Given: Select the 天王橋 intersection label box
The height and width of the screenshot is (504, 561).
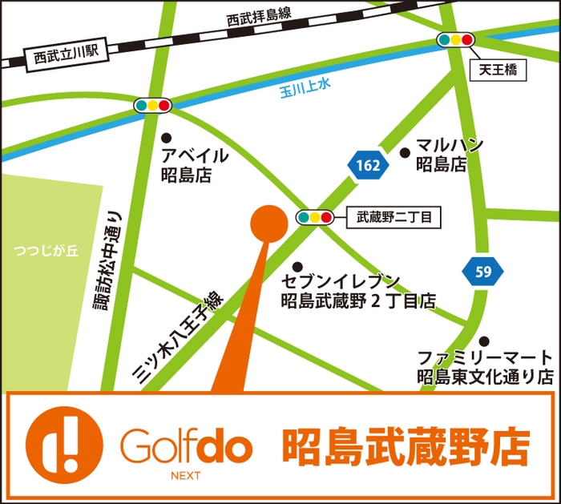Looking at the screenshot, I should coord(498,71).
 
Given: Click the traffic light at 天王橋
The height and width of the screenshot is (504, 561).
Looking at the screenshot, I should coord(455,39).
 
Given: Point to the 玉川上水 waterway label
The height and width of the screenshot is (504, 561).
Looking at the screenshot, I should coord(305,87).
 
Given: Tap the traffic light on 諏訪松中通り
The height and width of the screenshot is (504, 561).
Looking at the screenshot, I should coord(152,105).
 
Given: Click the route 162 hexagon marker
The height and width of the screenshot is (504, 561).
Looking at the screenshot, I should coord(369,165).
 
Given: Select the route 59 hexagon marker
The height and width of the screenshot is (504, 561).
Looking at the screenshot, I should coord(482,271).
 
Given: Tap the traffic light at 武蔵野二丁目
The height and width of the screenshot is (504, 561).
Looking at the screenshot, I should coord(314,217).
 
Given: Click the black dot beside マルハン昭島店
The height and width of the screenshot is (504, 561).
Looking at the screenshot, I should coord(404,152).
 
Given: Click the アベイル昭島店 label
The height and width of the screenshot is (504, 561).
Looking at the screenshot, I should coord(192,165).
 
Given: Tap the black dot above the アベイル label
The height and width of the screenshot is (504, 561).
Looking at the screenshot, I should coord(166,136).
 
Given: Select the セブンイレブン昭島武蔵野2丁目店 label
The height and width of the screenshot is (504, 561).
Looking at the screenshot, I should coord(358,291).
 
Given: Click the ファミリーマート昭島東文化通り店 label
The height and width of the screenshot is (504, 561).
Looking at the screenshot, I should coord(484,365).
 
